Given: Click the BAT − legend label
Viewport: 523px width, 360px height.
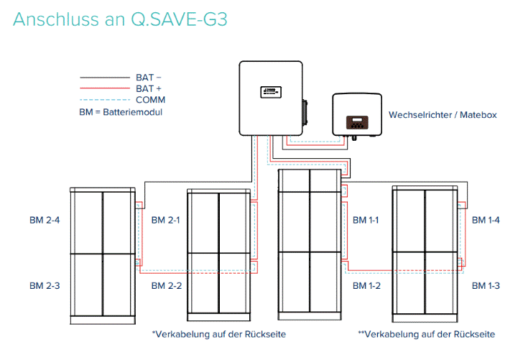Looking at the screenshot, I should (149, 76).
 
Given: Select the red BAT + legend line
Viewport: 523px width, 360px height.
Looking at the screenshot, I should (104, 88).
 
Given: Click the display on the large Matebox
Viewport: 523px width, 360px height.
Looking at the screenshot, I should (267, 91).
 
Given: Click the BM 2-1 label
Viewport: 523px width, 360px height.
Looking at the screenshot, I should (166, 219).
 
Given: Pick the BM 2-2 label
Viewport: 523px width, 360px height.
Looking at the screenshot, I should (166, 286).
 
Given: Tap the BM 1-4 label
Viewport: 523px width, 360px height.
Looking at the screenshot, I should (486, 219).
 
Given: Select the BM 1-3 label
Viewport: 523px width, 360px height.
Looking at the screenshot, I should (486, 286).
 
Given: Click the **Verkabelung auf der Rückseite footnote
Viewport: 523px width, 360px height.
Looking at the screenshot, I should (427, 334).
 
